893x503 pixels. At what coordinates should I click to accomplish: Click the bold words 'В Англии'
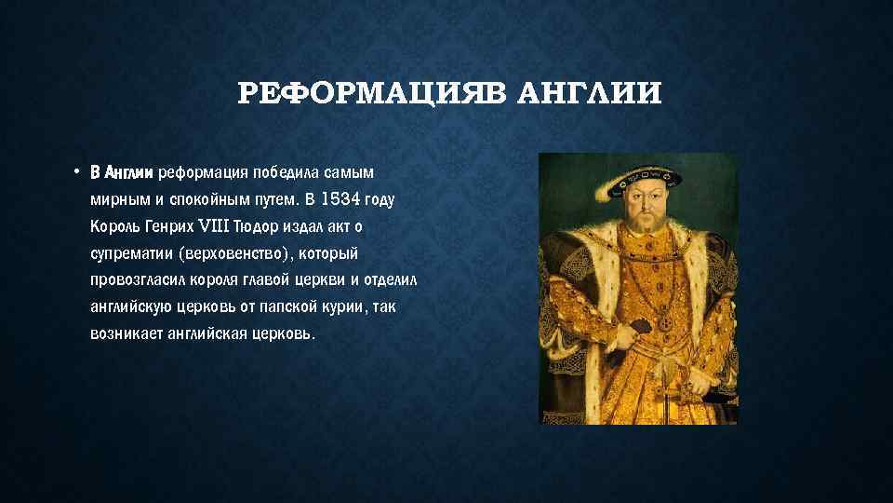click(123, 172)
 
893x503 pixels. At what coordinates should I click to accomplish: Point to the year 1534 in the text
click(338, 199)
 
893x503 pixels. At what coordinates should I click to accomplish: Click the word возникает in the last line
click(122, 333)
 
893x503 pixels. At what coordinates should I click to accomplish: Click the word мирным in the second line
click(114, 199)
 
